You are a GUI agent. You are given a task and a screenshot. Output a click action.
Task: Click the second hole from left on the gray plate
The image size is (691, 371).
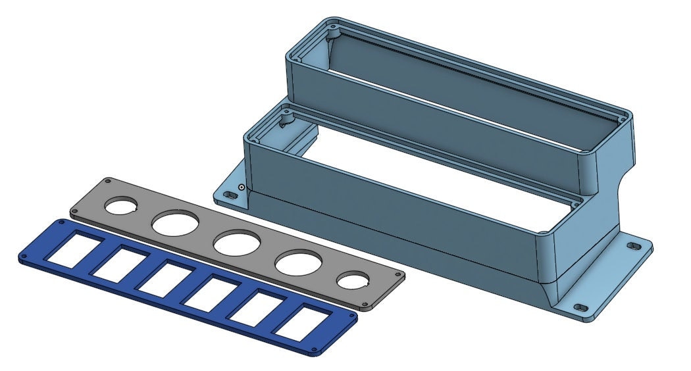point(173,224)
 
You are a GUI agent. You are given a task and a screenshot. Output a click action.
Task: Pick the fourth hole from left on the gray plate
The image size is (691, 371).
point(294,263)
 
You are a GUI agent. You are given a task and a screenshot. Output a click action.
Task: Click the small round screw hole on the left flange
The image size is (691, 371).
point(242,187)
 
